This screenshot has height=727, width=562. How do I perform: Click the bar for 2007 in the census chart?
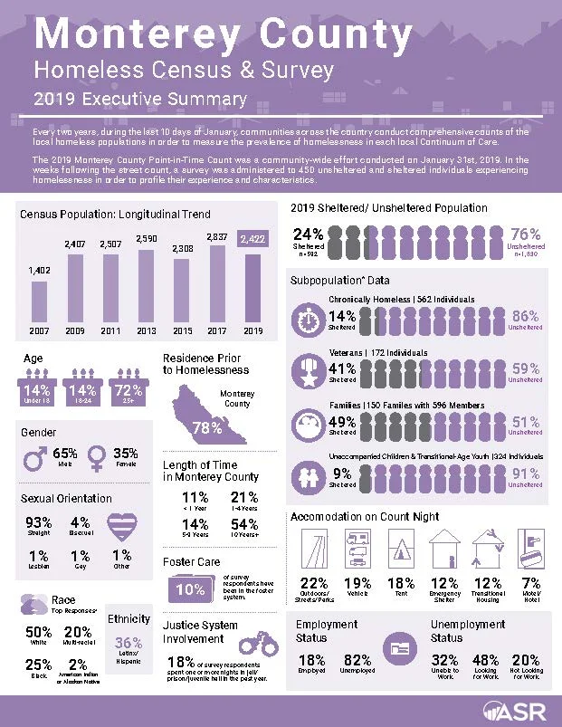click(39, 301)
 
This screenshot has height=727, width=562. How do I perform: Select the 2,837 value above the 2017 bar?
click(219, 237)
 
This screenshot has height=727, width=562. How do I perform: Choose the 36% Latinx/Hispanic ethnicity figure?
click(129, 644)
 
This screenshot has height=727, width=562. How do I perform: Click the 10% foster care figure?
click(191, 590)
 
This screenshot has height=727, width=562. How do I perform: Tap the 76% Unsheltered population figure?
click(526, 234)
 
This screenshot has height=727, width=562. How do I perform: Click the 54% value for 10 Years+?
click(244, 525)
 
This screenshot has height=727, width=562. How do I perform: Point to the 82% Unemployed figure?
click(357, 661)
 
